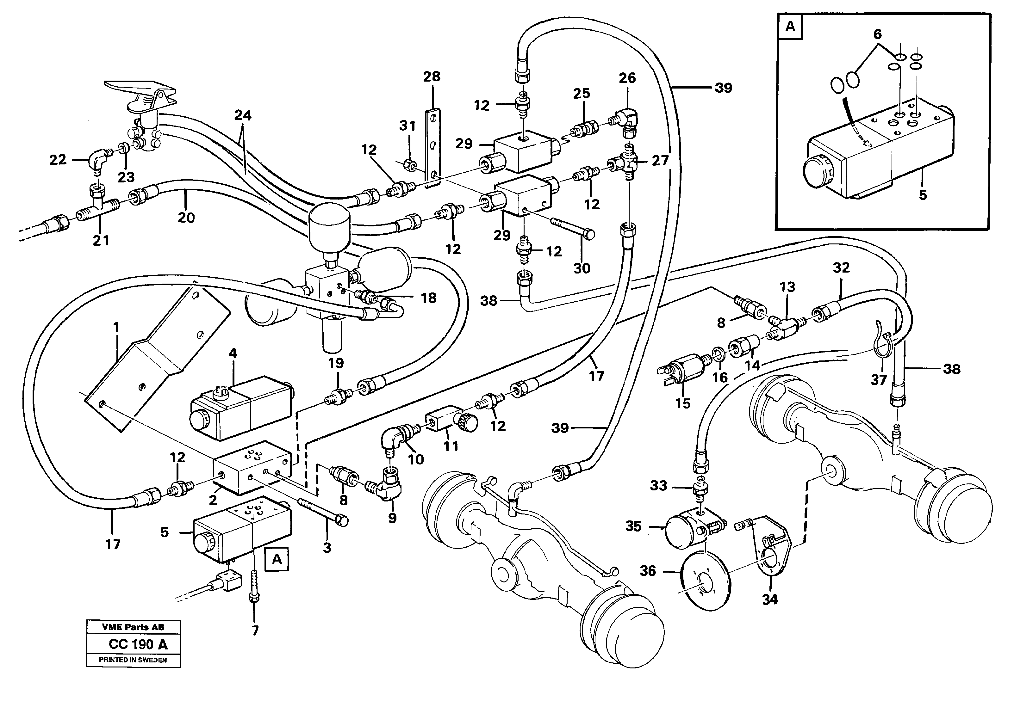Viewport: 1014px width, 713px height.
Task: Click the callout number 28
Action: click(x=432, y=77)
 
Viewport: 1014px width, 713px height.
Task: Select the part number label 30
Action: click(x=581, y=268)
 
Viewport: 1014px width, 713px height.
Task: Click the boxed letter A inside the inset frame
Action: click(x=790, y=27)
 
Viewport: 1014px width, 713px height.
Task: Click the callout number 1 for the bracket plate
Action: click(x=116, y=327)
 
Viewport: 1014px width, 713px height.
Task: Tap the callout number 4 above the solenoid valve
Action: click(x=233, y=353)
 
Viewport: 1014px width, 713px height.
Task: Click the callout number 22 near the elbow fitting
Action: click(x=57, y=159)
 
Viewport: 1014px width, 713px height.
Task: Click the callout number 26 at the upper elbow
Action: click(x=627, y=78)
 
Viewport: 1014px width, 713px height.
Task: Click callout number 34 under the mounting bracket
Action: click(x=770, y=599)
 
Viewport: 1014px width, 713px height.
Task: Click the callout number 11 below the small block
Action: click(x=451, y=446)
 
